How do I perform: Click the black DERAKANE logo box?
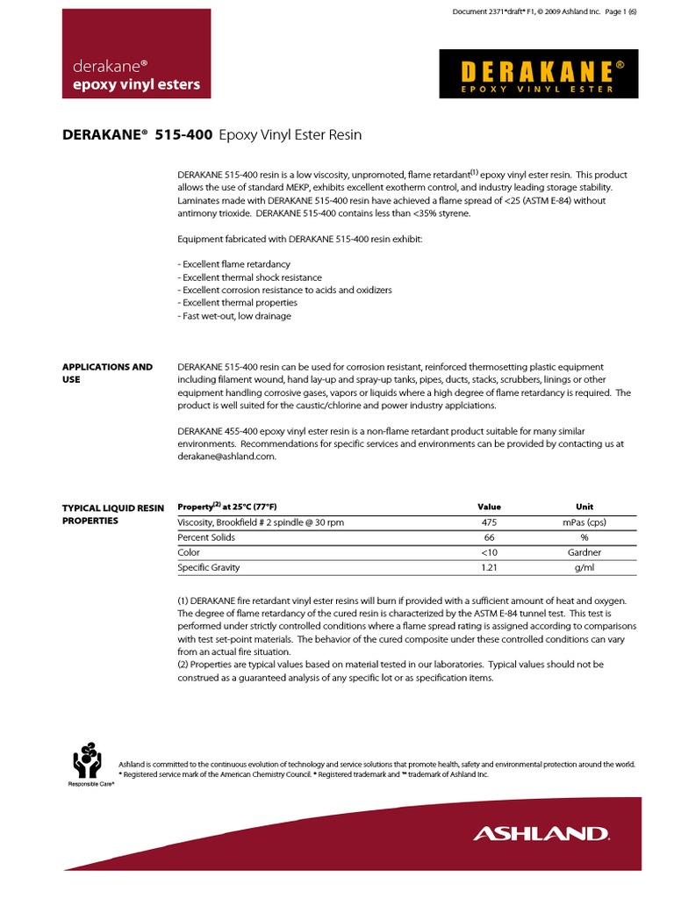point(538,74)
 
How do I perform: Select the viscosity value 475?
point(489,522)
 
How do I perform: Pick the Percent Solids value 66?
point(489,537)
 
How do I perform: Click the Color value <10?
point(489,553)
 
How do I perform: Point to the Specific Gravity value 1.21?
point(489,568)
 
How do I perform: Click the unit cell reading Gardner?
point(584,553)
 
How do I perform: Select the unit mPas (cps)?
point(584,522)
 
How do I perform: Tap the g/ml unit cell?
point(584,568)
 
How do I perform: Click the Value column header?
point(489,507)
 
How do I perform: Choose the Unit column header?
point(584,507)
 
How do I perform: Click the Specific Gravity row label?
point(209,568)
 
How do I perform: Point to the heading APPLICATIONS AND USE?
point(106,373)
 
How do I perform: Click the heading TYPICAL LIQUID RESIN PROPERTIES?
point(102,514)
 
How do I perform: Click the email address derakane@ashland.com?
point(226,457)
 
